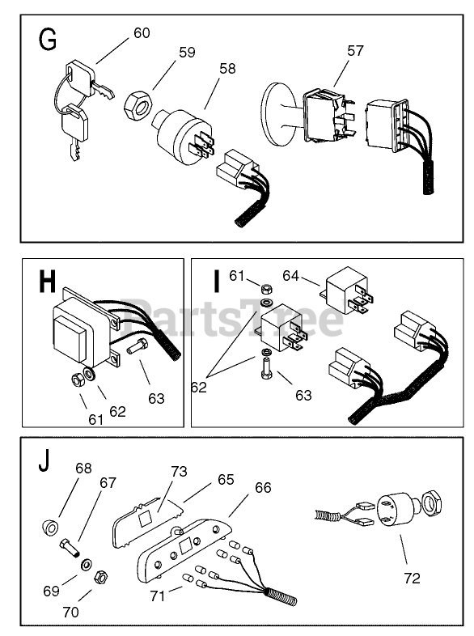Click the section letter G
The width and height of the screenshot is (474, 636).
[x=48, y=40]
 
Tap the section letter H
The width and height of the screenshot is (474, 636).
[x=47, y=281]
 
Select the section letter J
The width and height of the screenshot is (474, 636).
[x=44, y=462]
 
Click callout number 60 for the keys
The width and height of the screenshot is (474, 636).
[x=142, y=33]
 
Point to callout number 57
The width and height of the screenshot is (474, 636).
[x=355, y=51]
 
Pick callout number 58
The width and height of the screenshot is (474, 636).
[x=227, y=69]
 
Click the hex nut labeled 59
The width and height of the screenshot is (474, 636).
[x=138, y=104]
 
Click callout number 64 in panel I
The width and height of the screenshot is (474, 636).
[x=290, y=276]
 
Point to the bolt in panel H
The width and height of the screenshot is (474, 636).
[x=138, y=347]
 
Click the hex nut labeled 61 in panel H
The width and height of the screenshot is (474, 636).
[x=77, y=380]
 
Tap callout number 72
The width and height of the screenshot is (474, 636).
[x=412, y=578]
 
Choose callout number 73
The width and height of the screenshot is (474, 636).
[x=179, y=471]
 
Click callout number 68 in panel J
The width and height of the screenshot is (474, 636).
[x=83, y=469]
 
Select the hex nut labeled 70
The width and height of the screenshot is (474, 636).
[x=100, y=577]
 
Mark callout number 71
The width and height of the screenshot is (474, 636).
[x=157, y=596]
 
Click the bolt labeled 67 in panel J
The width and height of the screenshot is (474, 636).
[x=70, y=548]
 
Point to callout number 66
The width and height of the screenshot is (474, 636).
[x=263, y=488]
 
